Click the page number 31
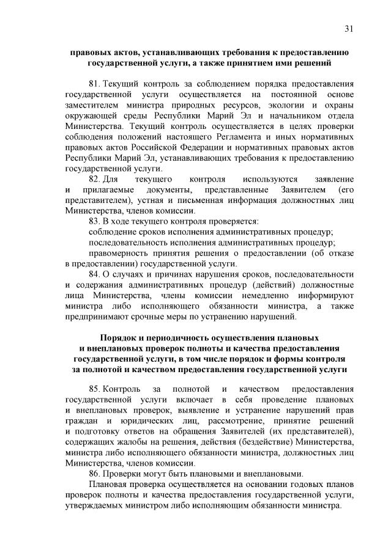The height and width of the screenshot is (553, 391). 349,29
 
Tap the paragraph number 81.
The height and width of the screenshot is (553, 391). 94,83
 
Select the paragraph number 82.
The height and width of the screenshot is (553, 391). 94,178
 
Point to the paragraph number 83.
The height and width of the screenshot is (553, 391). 94,221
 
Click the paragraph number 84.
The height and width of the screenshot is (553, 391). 94,274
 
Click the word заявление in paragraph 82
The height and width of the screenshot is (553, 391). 333,178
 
